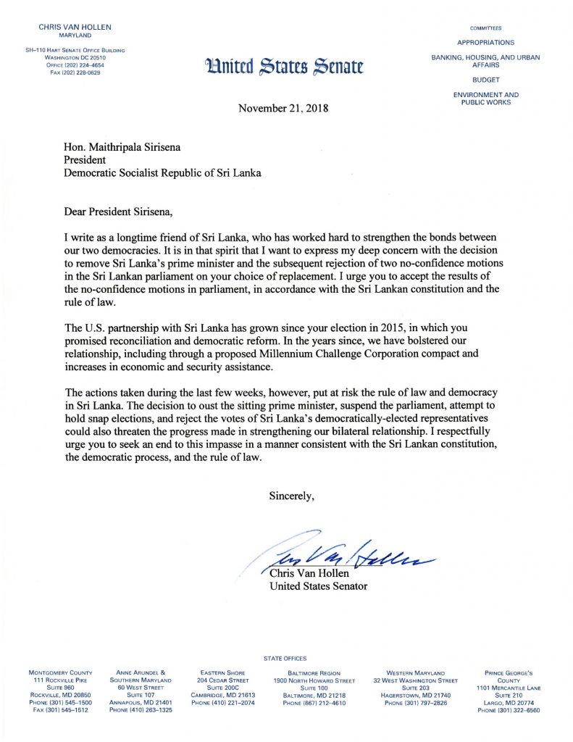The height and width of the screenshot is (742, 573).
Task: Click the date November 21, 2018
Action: pyautogui.click(x=283, y=109)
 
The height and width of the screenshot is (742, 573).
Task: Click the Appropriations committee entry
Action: pyautogui.click(x=485, y=43)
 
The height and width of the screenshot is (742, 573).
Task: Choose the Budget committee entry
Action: pyautogui.click(x=485, y=80)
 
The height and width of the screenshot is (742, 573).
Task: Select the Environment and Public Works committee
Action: pyautogui.click(x=485, y=99)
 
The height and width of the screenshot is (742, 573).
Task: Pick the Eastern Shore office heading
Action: pyautogui.click(x=224, y=673)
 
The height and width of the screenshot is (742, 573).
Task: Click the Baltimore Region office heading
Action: pyautogui.click(x=314, y=673)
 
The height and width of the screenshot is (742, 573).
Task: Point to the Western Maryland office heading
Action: pyautogui.click(x=416, y=673)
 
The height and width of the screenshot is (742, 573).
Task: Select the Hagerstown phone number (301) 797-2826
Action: pyautogui.click(x=416, y=702)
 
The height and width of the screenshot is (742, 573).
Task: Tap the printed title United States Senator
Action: pyautogui.click(x=318, y=586)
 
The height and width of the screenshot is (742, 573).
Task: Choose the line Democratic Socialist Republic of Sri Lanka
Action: pyautogui.click(x=162, y=172)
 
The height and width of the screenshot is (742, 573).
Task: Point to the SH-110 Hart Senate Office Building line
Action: pyautogui.click(x=72, y=50)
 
